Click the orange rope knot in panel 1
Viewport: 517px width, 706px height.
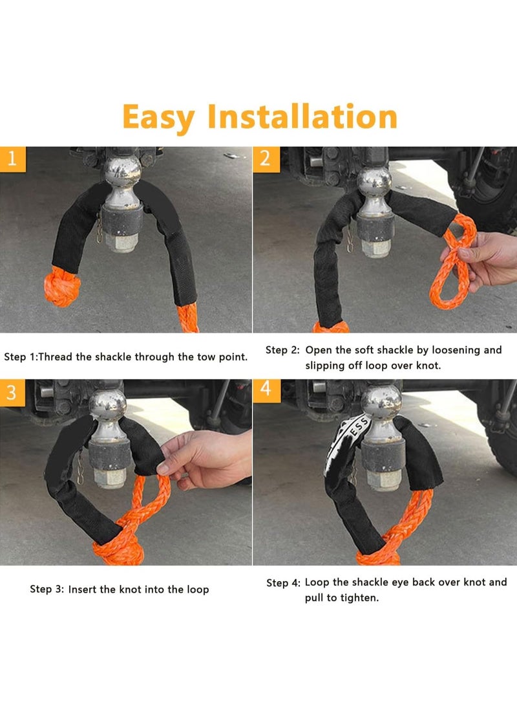tap(61, 289)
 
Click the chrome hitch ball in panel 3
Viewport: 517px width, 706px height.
tap(107, 404)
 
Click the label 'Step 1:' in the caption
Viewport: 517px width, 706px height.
tap(19, 357)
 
